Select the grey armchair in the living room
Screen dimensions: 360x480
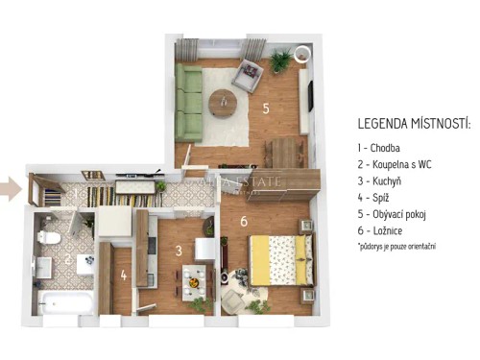point(247,71)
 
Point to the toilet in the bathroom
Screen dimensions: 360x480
point(53,235)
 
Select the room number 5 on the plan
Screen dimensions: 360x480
point(266,108)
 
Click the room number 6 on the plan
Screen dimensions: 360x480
point(244,222)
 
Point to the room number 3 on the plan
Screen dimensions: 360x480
point(179,252)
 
